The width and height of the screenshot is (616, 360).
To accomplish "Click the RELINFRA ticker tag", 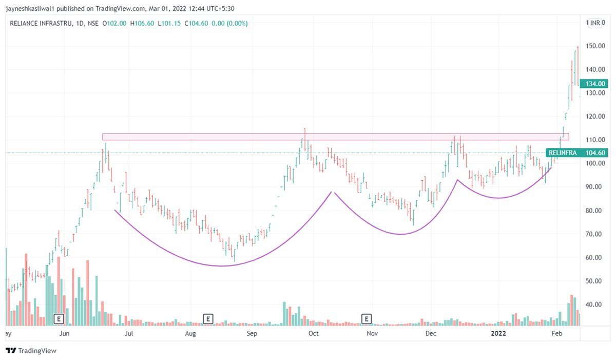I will pos(563,153).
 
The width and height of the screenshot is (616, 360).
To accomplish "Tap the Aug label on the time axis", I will pos(190,333).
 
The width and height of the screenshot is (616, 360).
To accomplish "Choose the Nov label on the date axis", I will pos(372,333).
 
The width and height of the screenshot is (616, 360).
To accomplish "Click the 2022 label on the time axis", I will pos(499,333).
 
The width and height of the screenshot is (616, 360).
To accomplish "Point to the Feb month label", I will pos(556,333).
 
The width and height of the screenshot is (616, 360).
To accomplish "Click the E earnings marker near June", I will pos(59,319).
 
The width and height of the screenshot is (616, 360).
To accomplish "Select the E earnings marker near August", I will pos(208,319).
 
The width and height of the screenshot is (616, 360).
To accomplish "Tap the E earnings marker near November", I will pos(367,319).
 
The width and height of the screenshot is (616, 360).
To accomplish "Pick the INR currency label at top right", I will pos(595,23).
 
